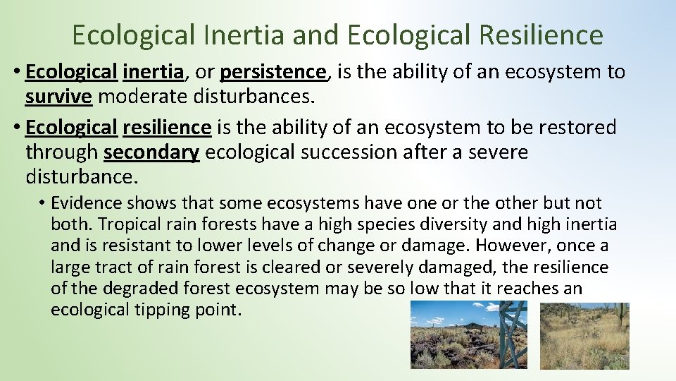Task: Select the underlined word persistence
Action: click(x=273, y=71)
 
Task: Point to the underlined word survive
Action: click(x=58, y=95)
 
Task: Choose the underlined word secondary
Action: click(x=151, y=152)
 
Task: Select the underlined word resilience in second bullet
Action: click(x=166, y=127)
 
